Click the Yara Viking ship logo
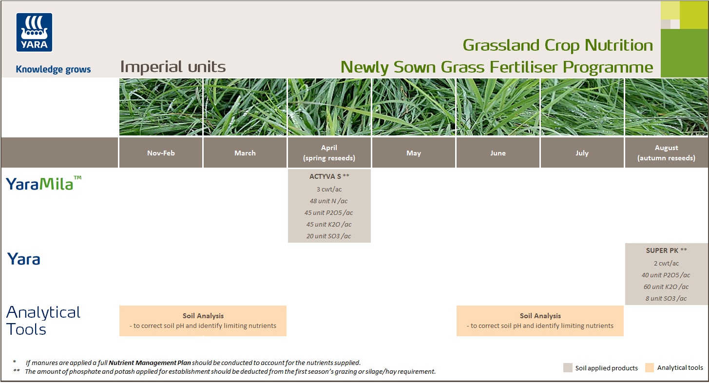tap(34, 32)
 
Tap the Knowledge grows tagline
tap(53, 69)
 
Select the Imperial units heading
tap(173, 67)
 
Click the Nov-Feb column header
tap(161, 153)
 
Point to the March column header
tap(245, 153)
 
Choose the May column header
tap(413, 153)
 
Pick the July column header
tap(582, 153)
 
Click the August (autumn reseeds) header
tap(666, 153)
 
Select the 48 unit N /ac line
tap(329, 201)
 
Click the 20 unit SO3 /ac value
tap(329, 236)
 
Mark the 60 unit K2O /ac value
tap(666, 287)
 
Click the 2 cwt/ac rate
tap(666, 263)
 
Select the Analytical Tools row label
tap(43, 321)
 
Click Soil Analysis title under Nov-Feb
tap(203, 316)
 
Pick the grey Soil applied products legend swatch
tap(568, 367)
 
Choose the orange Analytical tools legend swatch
tap(650, 367)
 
